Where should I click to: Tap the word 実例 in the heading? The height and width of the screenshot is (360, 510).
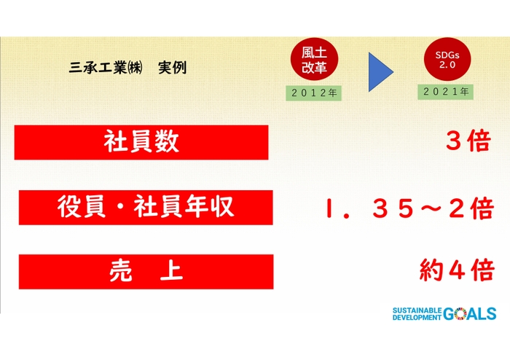[171, 69]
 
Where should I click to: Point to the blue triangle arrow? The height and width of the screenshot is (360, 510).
[379, 71]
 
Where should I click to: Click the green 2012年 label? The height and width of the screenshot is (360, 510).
[313, 93]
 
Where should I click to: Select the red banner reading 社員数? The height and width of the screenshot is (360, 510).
[141, 142]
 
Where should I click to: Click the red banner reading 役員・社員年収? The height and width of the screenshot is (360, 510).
[146, 207]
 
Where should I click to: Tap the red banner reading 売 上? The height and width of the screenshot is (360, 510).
[146, 272]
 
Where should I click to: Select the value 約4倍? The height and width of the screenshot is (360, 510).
[457, 272]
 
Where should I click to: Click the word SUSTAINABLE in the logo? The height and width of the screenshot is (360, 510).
[416, 310]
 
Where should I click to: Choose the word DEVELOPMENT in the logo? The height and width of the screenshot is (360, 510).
[417, 318]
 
